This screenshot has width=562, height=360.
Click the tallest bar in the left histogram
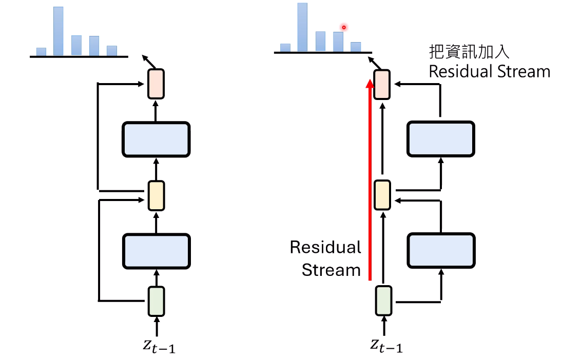(59, 31)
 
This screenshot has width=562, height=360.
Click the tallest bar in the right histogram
(302, 27)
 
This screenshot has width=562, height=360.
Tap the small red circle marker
(344, 27)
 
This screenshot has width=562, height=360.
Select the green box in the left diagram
(156, 301)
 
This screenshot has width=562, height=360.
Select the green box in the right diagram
(383, 301)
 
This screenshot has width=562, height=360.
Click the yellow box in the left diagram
(156, 195)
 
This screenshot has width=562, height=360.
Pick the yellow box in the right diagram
(382, 195)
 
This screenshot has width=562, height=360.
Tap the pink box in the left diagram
(156, 84)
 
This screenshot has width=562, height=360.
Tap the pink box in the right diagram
(382, 85)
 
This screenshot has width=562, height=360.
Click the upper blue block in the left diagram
(156, 139)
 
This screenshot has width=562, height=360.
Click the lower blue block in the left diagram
(156, 251)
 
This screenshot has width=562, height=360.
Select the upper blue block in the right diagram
(441, 139)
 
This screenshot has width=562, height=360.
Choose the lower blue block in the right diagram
(441, 250)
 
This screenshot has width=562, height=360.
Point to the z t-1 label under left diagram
(159, 346)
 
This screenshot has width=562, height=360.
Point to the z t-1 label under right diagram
(386, 346)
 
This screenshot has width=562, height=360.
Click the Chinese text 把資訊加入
(469, 52)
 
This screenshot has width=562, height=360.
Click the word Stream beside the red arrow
(331, 270)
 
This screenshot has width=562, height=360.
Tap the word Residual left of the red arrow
(325, 247)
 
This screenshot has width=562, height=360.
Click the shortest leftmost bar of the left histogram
(41, 52)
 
